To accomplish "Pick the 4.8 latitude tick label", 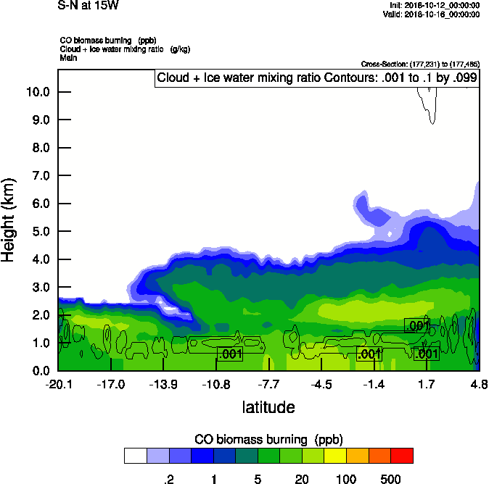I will (478, 384).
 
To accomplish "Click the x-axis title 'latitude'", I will (268, 407).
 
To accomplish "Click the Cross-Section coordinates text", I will (419, 64).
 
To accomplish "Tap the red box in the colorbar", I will (401, 456).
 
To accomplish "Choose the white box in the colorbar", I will (135, 456).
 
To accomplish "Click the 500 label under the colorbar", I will (390, 478).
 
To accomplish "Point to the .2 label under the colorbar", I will (168, 478).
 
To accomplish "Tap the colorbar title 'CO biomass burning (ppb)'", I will (268, 439).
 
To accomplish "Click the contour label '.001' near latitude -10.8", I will (230, 354).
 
